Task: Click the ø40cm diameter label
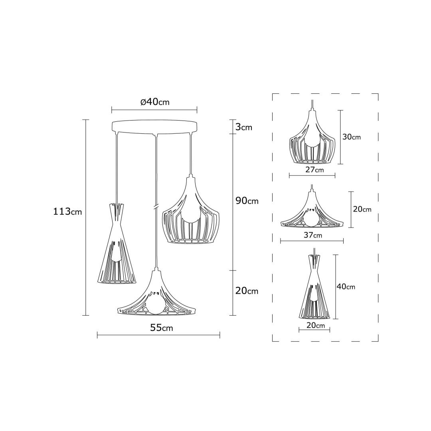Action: point(155,102)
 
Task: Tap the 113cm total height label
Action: point(67,212)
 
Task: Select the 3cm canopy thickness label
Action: point(244,127)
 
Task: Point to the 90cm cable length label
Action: point(247,201)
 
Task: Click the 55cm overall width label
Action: point(162,328)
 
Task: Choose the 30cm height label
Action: point(352,136)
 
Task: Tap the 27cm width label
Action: point(314,170)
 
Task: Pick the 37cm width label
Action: point(313,235)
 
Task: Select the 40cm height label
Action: point(346,287)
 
